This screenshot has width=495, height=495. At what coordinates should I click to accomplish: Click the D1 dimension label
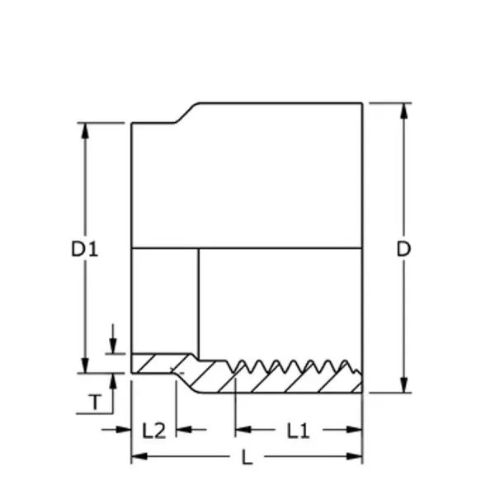click(x=85, y=248)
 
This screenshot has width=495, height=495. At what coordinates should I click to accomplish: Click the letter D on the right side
click(x=403, y=248)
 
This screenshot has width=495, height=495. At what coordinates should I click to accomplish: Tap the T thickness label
click(x=96, y=402)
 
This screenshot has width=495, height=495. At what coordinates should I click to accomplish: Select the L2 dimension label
click(x=153, y=431)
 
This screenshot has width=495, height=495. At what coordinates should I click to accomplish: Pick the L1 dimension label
click(x=298, y=431)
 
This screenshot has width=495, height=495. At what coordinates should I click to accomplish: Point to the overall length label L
click(x=247, y=457)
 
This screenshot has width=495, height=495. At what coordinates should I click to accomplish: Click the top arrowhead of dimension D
click(x=403, y=111)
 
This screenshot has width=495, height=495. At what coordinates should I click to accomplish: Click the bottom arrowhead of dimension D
click(x=403, y=385)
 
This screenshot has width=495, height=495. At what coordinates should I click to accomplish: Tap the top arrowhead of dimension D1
click(x=85, y=130)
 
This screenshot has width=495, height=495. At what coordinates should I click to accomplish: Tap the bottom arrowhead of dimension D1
click(x=85, y=365)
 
